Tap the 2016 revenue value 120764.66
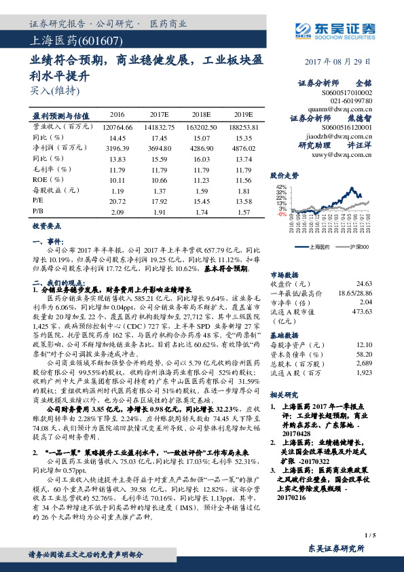(117, 126)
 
